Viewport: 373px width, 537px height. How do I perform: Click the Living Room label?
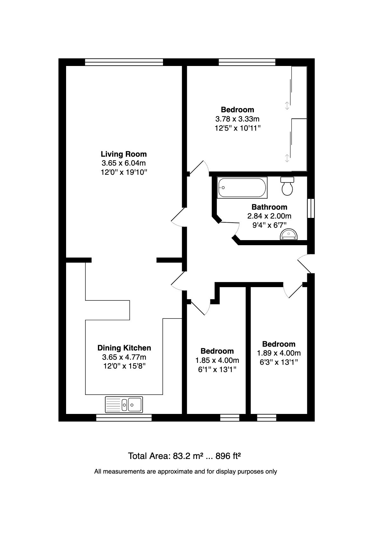click(x=124, y=154)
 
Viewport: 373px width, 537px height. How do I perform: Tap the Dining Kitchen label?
click(x=124, y=348)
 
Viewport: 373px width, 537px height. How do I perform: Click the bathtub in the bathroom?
click(x=242, y=188)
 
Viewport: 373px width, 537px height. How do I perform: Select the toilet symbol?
click(x=287, y=187)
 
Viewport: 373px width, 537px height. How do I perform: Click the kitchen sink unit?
click(x=124, y=404)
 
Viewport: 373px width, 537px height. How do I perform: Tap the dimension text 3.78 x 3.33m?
click(x=237, y=119)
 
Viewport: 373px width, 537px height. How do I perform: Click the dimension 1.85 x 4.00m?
click(x=217, y=360)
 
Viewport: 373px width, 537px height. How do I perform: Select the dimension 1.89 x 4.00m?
click(x=279, y=353)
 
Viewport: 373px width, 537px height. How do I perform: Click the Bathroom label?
click(x=269, y=207)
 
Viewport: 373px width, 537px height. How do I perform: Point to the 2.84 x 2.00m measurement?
click(x=269, y=216)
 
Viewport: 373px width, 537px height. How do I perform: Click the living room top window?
click(x=124, y=62)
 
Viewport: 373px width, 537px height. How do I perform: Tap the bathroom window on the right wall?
click(x=311, y=208)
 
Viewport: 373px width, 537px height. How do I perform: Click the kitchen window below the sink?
click(x=124, y=418)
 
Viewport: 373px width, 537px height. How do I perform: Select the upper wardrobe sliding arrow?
click(x=287, y=106)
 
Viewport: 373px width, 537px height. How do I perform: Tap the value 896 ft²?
click(x=228, y=456)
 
